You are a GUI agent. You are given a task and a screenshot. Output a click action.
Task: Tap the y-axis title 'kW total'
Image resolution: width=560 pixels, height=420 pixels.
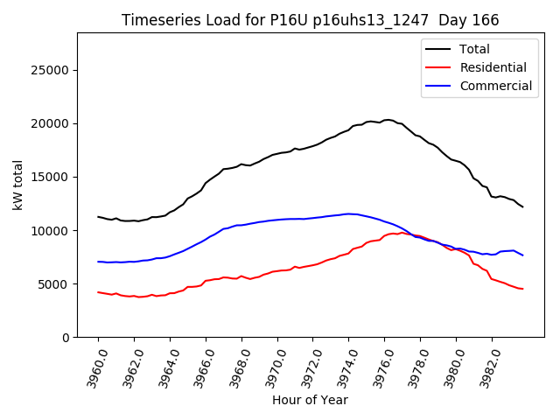[x=18, y=185]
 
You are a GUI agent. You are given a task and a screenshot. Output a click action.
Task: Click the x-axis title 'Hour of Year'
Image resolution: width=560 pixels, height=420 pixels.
[x=310, y=400]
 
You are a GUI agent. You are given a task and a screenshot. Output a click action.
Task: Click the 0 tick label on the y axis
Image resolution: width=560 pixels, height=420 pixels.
[x=66, y=338]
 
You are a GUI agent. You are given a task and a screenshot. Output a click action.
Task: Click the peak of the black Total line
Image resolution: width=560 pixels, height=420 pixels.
[x=387, y=120]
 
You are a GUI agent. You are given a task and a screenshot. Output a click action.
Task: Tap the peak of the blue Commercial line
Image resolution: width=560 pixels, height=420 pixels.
[x=348, y=213]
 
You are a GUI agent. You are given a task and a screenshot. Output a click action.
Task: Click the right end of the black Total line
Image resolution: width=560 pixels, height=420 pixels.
[x=523, y=206]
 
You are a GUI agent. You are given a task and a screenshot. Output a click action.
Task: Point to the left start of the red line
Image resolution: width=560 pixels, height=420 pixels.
[x=98, y=292]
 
